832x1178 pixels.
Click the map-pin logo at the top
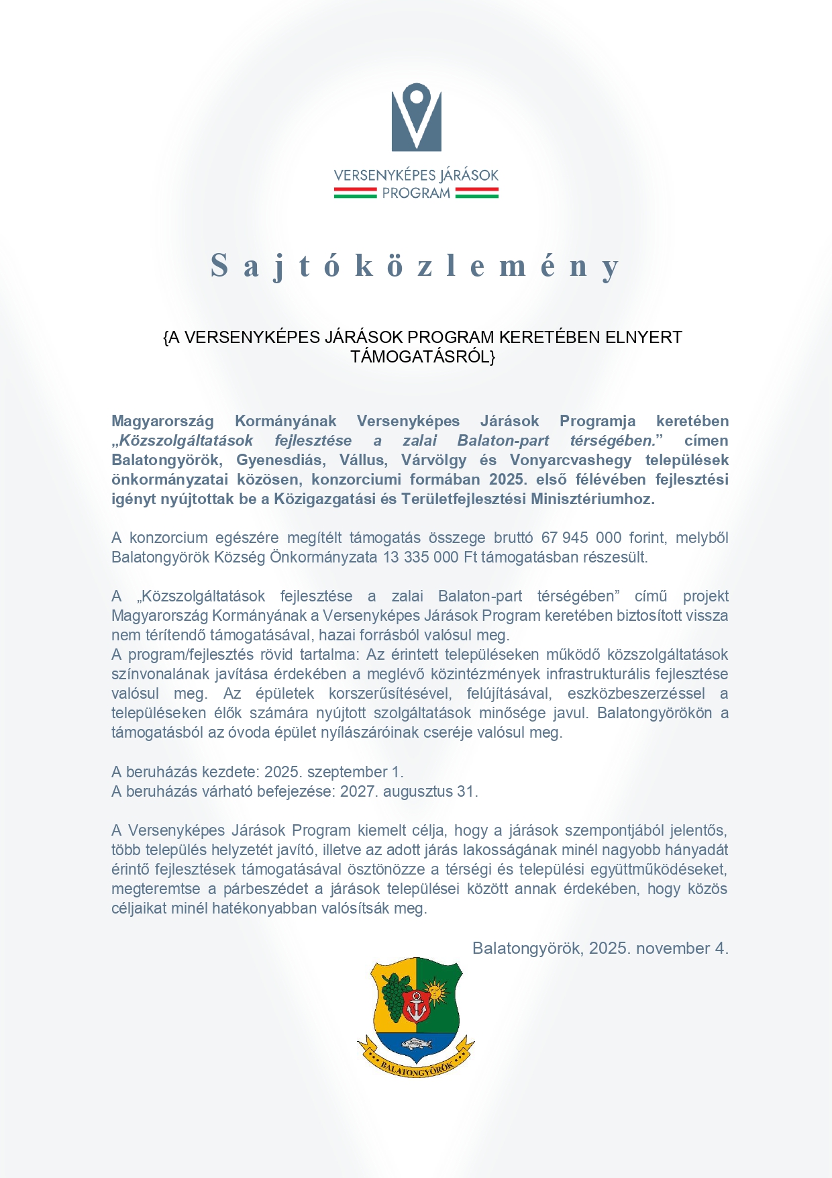pos(416,117)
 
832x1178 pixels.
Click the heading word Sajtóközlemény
pos(415,266)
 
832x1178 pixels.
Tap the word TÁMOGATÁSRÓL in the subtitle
pos(422,356)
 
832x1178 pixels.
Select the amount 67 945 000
pos(581,538)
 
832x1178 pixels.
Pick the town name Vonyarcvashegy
pos(571,460)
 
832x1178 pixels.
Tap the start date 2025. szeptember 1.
pos(333,772)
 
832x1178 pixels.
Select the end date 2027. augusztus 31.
pos(409,791)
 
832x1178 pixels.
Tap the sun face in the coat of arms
pos(437,990)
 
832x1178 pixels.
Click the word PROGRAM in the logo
pos(416,193)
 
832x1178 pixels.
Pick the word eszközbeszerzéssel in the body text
pos(636,693)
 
